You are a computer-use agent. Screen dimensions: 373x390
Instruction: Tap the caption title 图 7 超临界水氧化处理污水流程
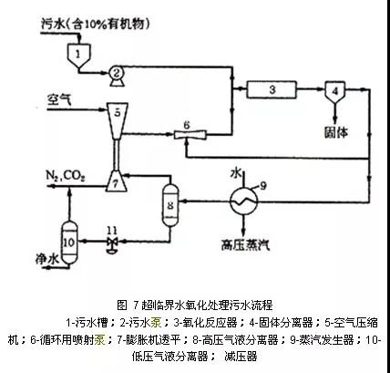pyautogui.click(x=195, y=304)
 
